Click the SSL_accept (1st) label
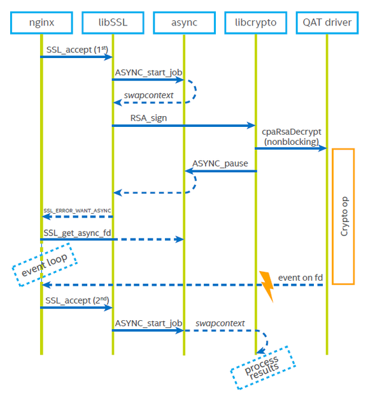[x=76, y=49]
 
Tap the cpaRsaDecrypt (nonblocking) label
[x=291, y=136]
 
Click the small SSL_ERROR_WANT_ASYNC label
[x=77, y=210]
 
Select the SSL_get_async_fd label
[x=77, y=232]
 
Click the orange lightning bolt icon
[x=265, y=284]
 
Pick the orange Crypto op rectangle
[x=343, y=216]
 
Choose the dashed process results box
[x=262, y=367]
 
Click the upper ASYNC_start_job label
[x=148, y=72]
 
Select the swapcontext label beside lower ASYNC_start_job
[x=220, y=323]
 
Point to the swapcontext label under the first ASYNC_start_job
[x=148, y=95]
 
